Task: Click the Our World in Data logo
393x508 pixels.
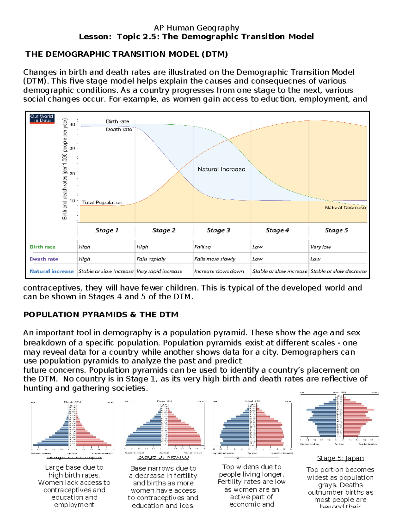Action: click(42, 118)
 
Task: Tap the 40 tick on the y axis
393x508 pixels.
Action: click(72, 124)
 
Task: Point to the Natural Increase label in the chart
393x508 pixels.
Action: click(221, 169)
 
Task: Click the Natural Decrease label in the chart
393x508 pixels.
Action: click(345, 207)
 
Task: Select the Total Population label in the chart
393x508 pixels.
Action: click(102, 202)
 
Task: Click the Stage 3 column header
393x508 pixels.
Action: click(218, 230)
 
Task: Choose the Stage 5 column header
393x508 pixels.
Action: click(336, 230)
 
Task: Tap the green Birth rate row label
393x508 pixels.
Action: click(43, 247)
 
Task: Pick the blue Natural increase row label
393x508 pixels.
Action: click(51, 271)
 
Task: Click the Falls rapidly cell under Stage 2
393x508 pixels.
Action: click(151, 259)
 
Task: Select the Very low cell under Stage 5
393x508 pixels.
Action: click(321, 247)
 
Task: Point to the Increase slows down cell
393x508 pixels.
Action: click(219, 271)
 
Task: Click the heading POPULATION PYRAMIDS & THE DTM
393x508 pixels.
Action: click(101, 315)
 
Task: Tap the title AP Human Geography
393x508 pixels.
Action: click(196, 28)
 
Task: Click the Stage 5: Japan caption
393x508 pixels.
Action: click(340, 458)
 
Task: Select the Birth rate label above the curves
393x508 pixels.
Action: click(117, 121)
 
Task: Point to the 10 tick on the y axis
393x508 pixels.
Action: click(72, 201)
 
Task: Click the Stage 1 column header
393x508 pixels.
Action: click(107, 230)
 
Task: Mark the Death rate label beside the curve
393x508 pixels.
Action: click(119, 130)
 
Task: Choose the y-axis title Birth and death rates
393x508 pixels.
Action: click(65, 169)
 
